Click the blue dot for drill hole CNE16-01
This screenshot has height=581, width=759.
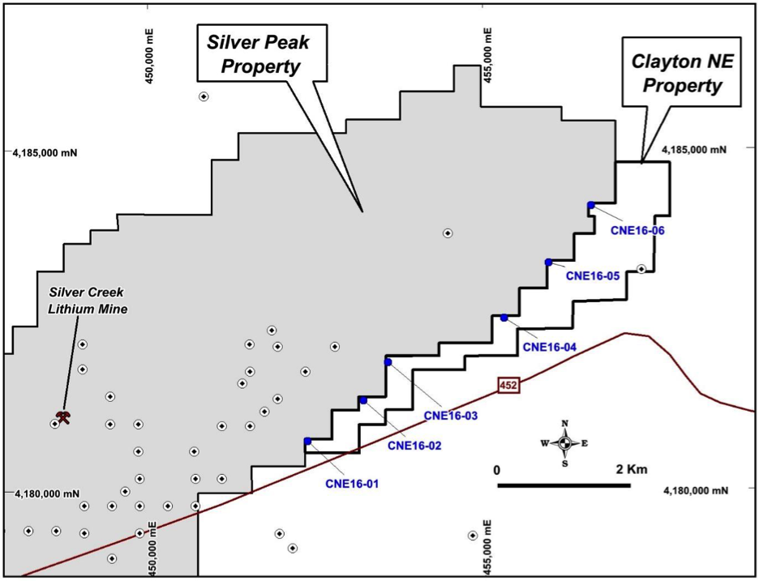[307, 441]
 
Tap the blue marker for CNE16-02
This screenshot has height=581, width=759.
[363, 400]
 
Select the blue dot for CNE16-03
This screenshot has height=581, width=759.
[388, 362]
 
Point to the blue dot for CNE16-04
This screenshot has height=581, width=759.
[504, 318]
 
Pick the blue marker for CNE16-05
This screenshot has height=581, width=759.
[548, 263]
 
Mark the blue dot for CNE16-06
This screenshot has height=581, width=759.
[590, 205]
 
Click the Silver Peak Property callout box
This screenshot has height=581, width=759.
[262, 53]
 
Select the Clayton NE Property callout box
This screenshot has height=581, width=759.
[681, 72]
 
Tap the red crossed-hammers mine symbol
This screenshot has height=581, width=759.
[63, 417]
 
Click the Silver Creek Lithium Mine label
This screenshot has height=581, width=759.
[87, 301]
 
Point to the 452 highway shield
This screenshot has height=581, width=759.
[508, 386]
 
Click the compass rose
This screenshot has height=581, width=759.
[564, 443]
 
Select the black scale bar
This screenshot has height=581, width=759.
[564, 485]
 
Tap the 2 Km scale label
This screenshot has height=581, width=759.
[631, 469]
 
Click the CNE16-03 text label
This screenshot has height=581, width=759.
[451, 416]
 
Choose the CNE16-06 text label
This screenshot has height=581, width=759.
[637, 231]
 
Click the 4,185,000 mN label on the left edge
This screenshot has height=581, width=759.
[45, 153]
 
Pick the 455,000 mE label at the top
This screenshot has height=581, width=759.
[488, 56]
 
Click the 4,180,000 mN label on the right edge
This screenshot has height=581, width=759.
[696, 490]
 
